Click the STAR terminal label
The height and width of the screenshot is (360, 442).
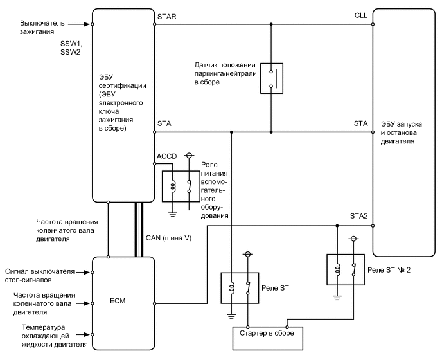167,15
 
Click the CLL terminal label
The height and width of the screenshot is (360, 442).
360,15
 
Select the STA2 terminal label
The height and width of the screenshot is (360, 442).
358,216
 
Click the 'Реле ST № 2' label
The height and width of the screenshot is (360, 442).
388,270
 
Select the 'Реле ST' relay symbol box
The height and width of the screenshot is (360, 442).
237,287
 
